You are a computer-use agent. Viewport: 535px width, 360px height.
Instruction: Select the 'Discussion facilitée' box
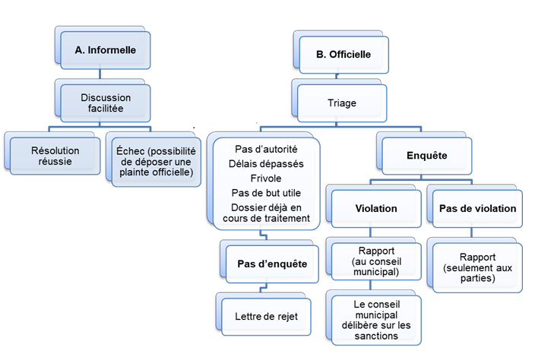coord(106,103)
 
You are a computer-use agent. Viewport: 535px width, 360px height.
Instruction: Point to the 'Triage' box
coord(343,103)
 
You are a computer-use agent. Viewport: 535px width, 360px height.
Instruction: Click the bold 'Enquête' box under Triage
coord(426,156)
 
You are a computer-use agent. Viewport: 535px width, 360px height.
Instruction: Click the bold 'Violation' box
coord(376,207)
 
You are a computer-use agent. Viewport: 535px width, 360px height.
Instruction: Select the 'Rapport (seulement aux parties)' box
coord(476,267)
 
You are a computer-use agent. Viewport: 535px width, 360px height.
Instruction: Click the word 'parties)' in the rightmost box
coord(476,278)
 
